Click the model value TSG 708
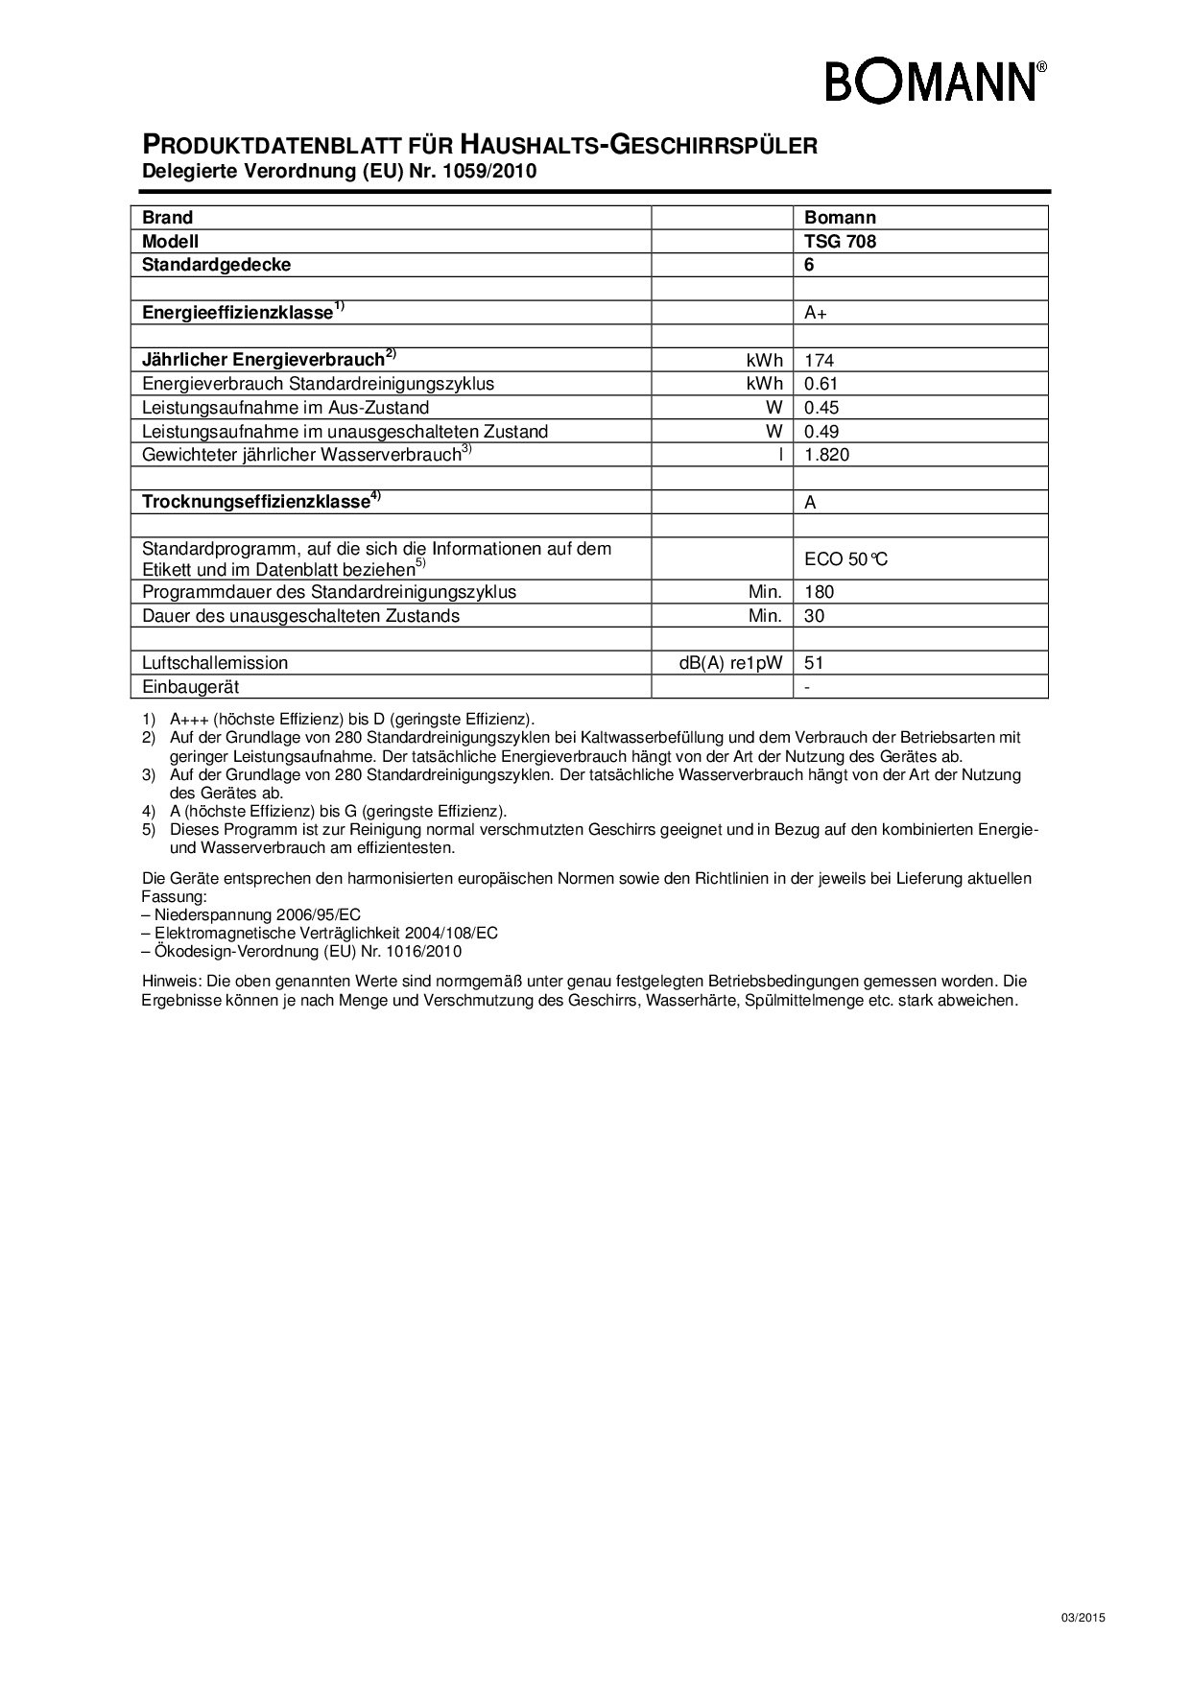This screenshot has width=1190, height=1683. coord(840,242)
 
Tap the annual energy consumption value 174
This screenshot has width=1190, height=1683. coord(819,361)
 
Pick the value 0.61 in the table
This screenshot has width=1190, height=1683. coord(821,384)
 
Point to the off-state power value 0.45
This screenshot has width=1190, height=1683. coord(821,408)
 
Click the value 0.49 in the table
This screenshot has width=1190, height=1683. coord(821,432)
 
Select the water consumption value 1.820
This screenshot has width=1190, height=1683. coord(826,455)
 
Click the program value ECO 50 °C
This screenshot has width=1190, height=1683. coord(845,558)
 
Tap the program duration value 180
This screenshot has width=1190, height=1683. coord(819,592)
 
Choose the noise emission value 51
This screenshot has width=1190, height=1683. coord(815,663)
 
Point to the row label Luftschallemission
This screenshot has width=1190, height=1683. coord(215,663)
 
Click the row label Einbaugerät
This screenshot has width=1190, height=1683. coord(191,687)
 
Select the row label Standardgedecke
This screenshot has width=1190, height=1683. coord(216,265)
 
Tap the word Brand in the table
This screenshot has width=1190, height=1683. coord(167,218)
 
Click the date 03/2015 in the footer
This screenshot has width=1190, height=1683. coord(1083,1618)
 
